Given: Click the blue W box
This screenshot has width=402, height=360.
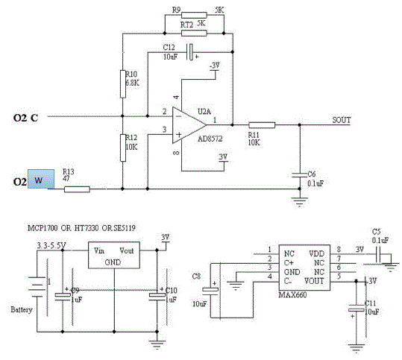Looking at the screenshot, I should coord(37,179).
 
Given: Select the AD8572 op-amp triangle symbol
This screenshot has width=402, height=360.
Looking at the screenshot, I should coord(186,122).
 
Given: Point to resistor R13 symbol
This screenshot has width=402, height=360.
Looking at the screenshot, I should coord(76,189).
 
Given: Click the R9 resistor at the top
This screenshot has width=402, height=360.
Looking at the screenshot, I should coord(194,14).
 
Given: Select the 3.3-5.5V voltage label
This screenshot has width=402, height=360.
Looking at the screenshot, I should coord(45,243).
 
